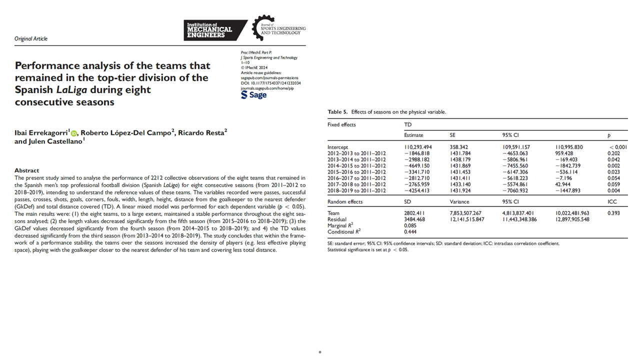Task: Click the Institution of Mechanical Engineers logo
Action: [x=216, y=30]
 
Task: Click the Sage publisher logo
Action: [x=253, y=94]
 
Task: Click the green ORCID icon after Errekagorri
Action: [x=74, y=133]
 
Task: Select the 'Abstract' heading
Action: [x=26, y=170]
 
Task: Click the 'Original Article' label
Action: [x=31, y=39]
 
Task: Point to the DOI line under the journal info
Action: [x=270, y=83]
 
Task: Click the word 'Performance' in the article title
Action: [x=47, y=66]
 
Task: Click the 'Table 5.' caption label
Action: [x=338, y=112]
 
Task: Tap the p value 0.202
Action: [x=609, y=153]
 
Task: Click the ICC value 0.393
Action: [x=614, y=213]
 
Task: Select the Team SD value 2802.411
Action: [x=414, y=213]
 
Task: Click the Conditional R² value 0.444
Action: [x=410, y=232]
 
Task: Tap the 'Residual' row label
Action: [x=337, y=219]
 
